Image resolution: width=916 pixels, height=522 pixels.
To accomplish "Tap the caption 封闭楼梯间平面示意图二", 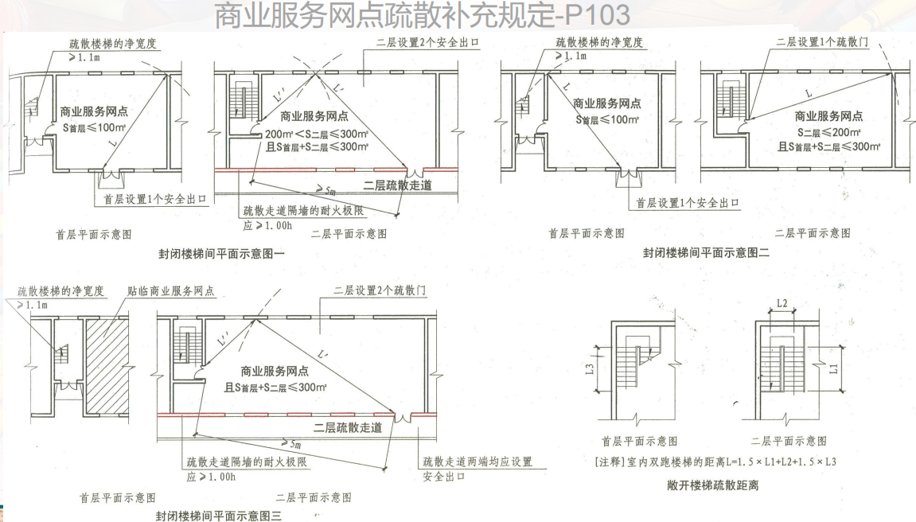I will pyautogui.click(x=707, y=253).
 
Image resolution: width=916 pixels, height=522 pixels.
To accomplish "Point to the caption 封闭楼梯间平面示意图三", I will pyautogui.click(x=219, y=516).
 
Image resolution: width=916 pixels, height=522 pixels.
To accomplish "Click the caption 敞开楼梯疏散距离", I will pyautogui.click(x=712, y=485).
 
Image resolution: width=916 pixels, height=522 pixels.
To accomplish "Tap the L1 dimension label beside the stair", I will pyautogui.click(x=833, y=368).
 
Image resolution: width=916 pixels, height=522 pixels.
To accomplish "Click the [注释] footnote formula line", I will pyautogui.click(x=712, y=462).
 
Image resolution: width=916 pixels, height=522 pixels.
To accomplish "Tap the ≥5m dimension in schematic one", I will pyautogui.click(x=325, y=190).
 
